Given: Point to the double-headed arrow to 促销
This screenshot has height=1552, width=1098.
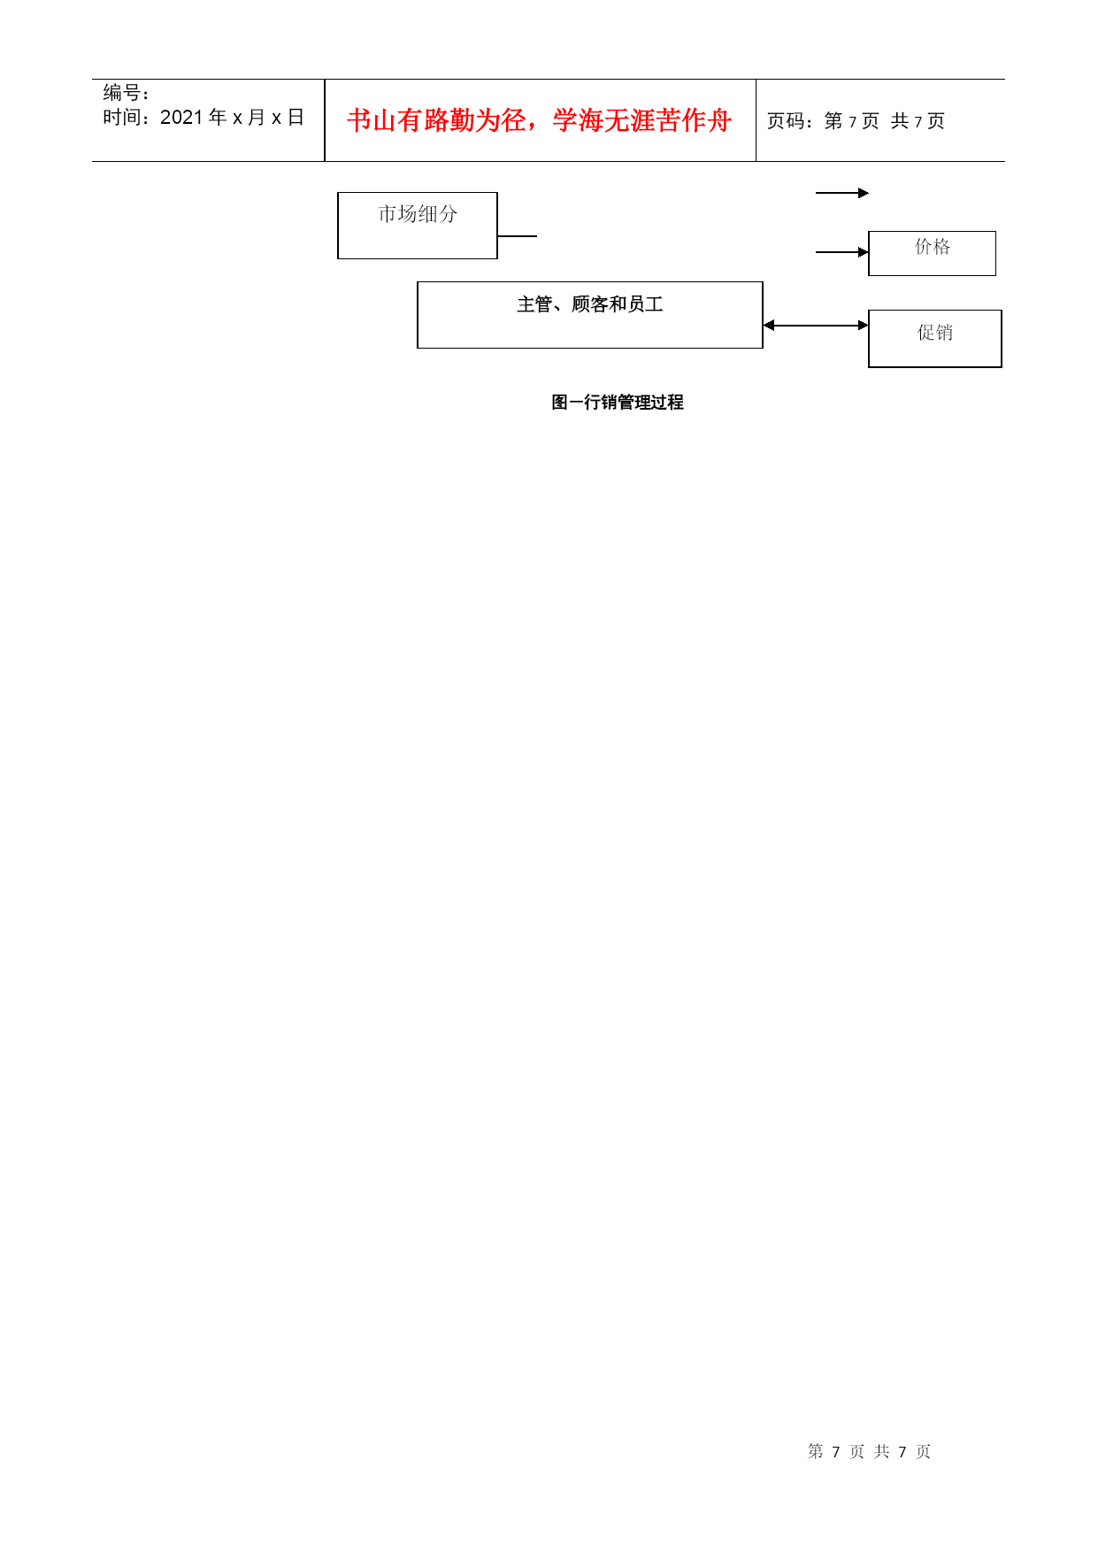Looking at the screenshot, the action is (x=816, y=326).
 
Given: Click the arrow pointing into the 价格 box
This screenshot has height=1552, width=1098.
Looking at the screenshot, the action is (x=842, y=252).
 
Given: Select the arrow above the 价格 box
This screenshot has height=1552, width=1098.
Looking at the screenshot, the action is (x=842, y=193).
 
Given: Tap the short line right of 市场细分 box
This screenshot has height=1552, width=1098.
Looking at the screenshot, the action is (x=518, y=236).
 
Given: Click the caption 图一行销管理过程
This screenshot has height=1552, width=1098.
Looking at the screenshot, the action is (x=618, y=403).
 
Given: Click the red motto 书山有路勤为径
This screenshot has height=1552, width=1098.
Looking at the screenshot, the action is (x=437, y=120).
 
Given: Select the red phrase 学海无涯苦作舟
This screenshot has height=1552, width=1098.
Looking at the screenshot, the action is (x=642, y=120).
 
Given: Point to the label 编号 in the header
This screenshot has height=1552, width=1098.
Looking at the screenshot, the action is (x=121, y=93).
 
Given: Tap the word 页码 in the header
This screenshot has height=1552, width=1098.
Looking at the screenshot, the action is (x=786, y=121).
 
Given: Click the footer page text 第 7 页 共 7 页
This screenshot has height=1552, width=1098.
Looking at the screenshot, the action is (x=870, y=1451).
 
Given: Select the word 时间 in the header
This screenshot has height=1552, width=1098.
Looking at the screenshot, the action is (x=121, y=118).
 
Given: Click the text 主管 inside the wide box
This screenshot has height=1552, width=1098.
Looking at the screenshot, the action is (x=535, y=304).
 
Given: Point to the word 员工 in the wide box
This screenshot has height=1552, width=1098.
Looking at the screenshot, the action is (x=646, y=304).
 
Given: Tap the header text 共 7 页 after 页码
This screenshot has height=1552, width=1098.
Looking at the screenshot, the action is (x=918, y=121).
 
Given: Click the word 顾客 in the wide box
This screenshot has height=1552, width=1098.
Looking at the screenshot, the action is (x=590, y=304).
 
